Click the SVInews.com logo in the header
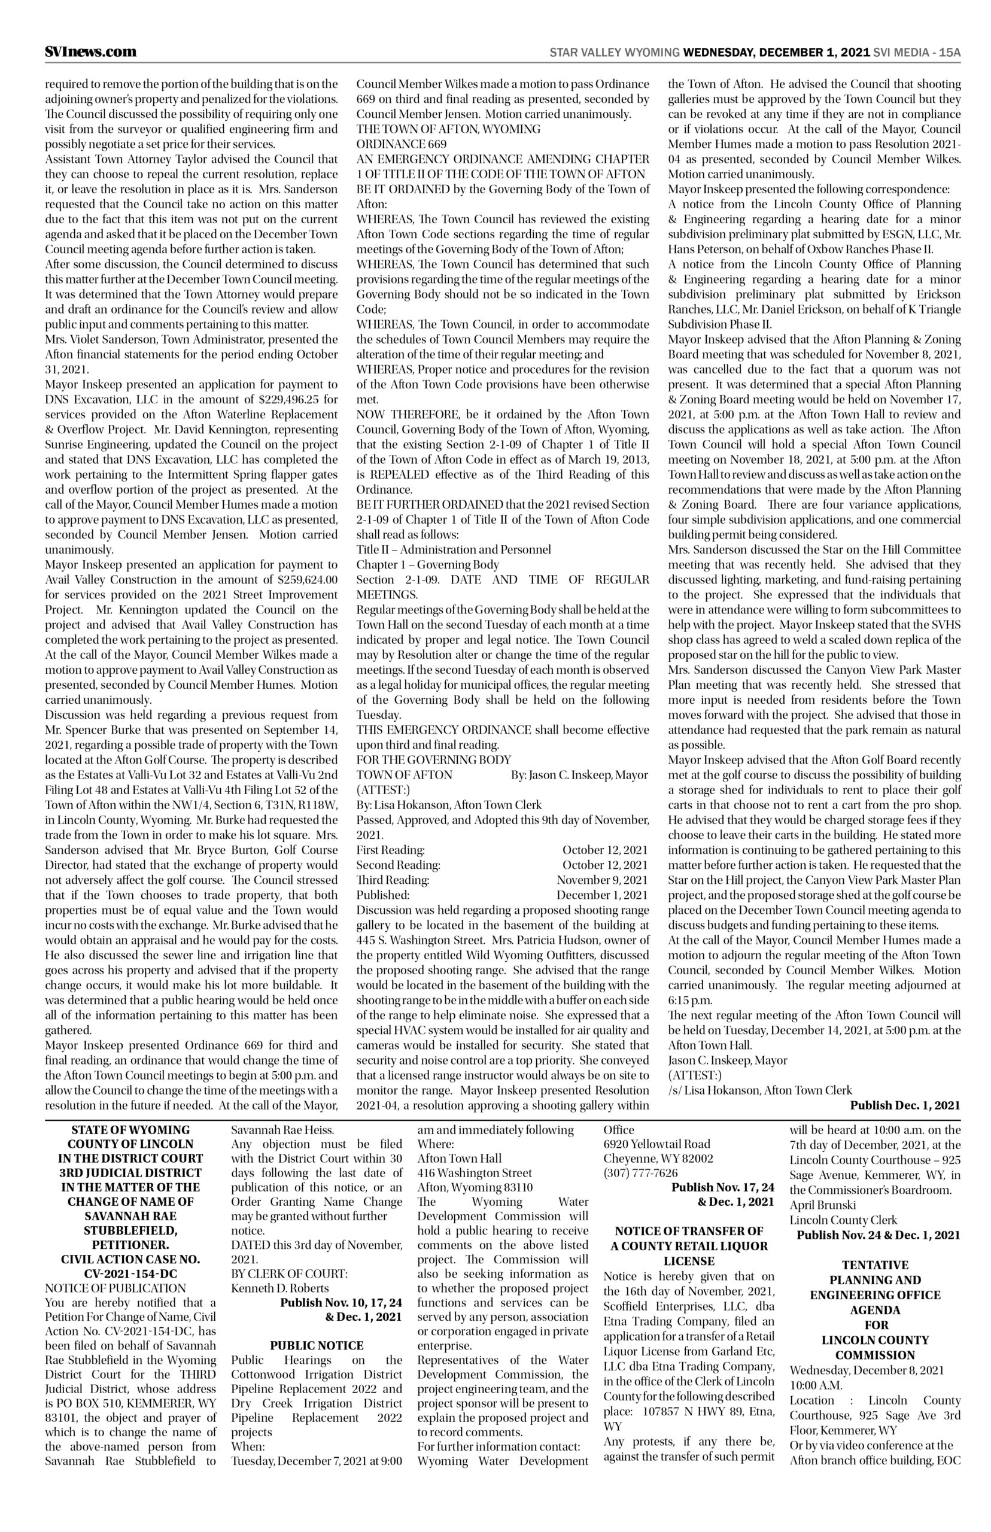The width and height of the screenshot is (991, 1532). coord(90,52)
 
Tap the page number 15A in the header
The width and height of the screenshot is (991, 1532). coord(949,53)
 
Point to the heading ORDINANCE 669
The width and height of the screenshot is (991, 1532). coord(402,144)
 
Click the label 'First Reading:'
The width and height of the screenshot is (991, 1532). coord(390,850)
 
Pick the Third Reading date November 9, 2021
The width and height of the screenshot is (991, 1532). coord(603,880)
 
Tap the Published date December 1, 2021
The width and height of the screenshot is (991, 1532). coord(603,894)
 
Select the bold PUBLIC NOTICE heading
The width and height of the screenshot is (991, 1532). coord(316,1327)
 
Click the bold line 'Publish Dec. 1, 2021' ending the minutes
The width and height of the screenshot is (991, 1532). coord(904,1105)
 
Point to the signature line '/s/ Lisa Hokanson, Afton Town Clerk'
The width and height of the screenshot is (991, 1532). coord(759,1090)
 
